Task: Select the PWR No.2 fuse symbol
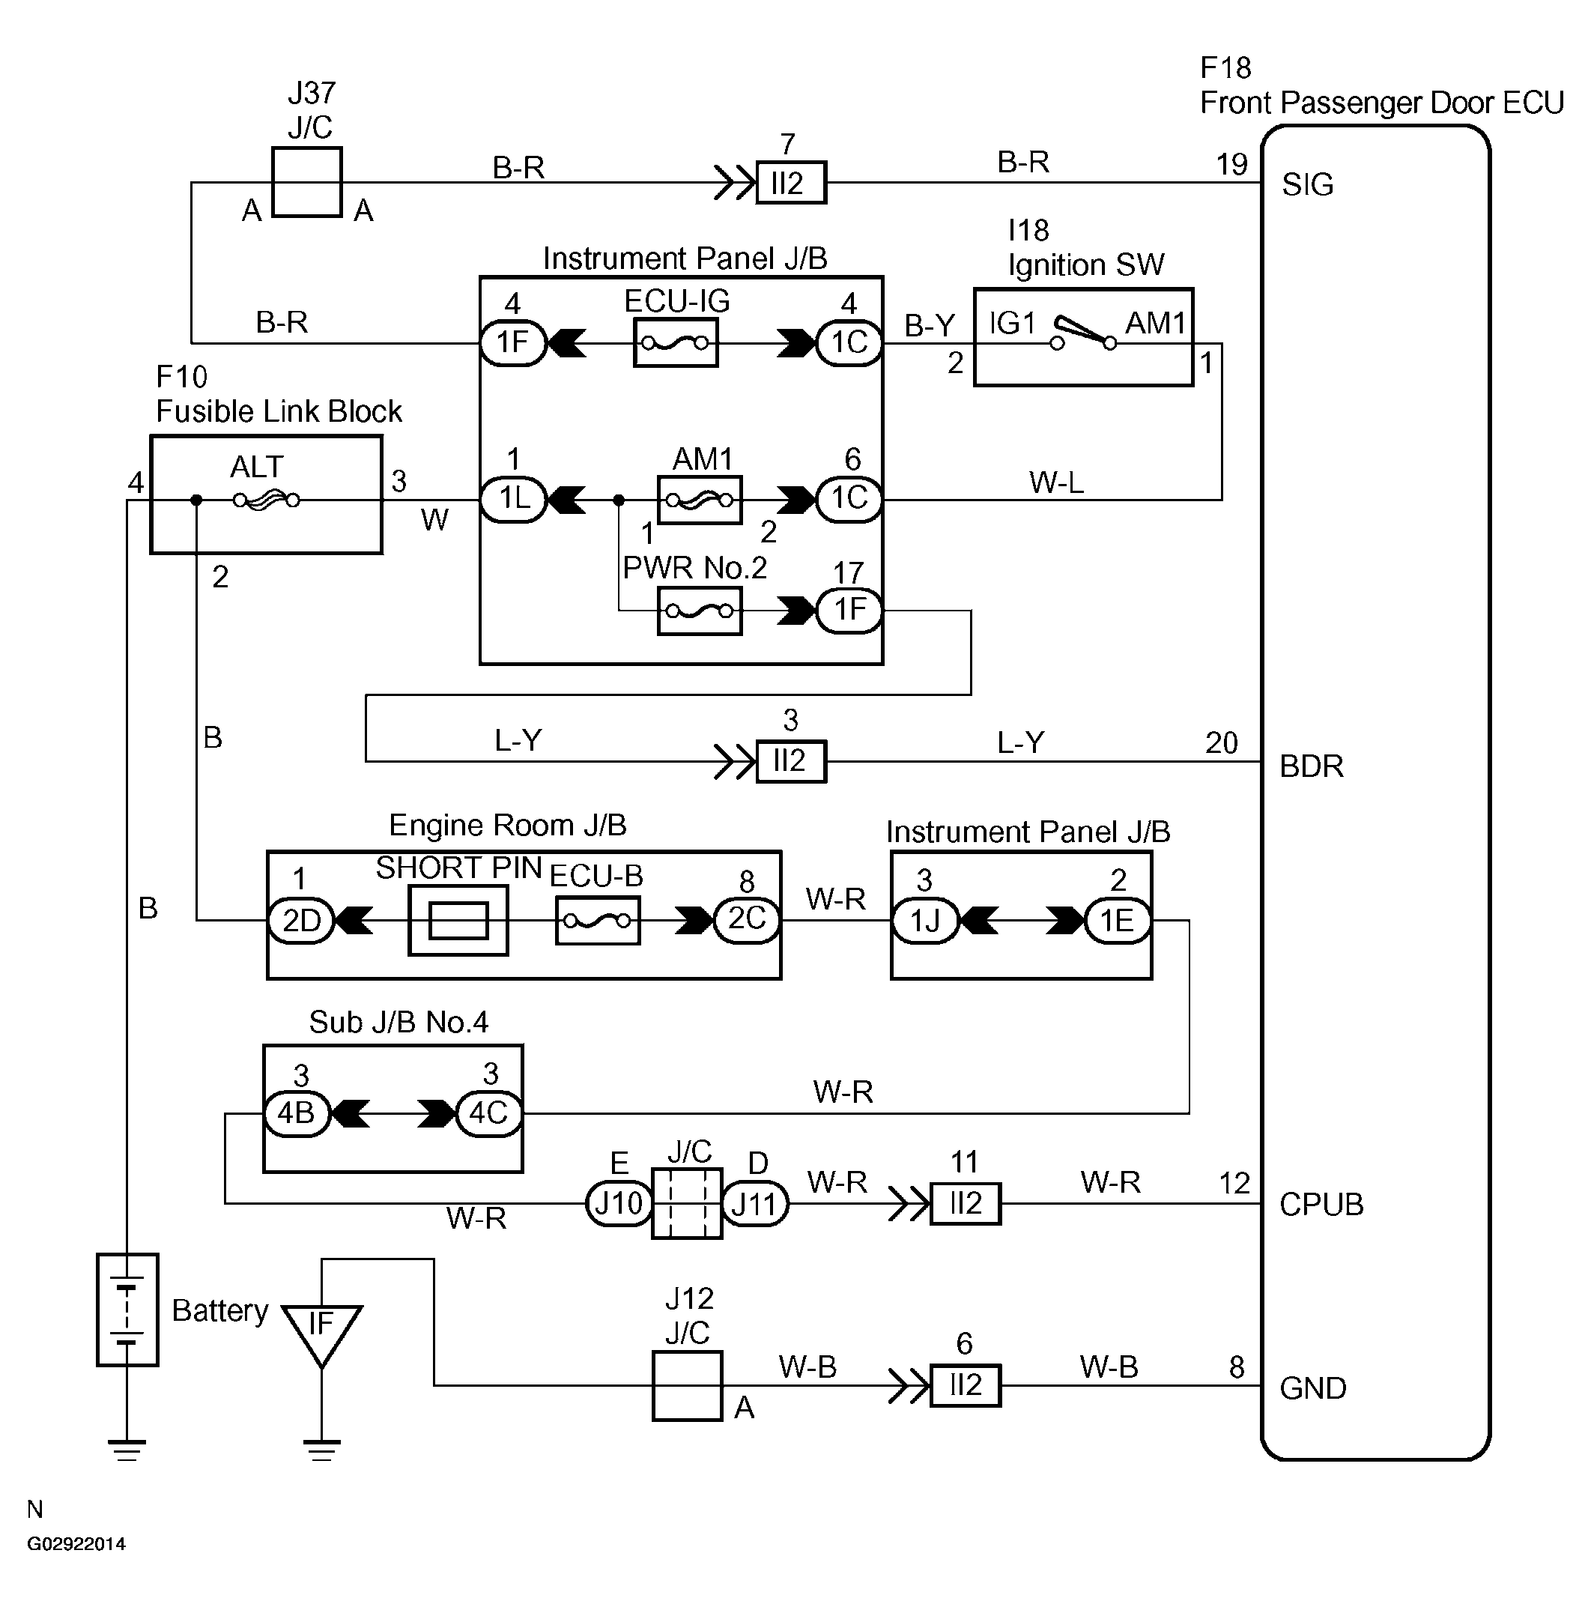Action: coord(699,611)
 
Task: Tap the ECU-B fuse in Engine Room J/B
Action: coord(597,920)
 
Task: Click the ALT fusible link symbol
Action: coord(266,500)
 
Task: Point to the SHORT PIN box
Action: coord(458,920)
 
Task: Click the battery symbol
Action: coord(127,1310)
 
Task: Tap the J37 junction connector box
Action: coord(307,182)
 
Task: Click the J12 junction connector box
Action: coord(687,1386)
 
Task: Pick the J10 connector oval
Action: coord(619,1204)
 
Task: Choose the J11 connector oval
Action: coord(754,1204)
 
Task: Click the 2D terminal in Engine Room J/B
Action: coord(301,920)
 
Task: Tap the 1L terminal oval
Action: coord(514,499)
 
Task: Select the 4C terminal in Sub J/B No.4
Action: coord(489,1113)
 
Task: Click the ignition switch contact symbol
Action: coord(1084,333)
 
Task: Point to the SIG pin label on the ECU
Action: coord(1307,184)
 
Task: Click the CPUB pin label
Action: coord(1321,1205)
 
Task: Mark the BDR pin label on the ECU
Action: coord(1312,766)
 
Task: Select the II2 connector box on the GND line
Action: coord(965,1386)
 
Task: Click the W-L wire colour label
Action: coord(1056,482)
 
